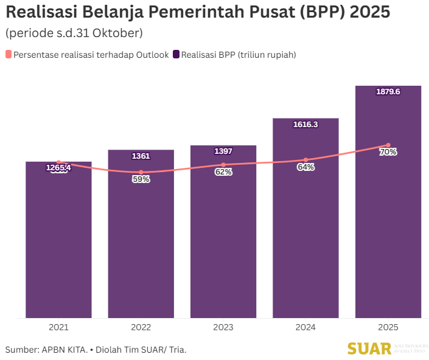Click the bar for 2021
pyautogui.click(x=58, y=243)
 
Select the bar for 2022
pyautogui.click(x=141, y=243)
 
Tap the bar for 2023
pyautogui.click(x=223, y=243)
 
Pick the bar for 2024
pyautogui.click(x=305, y=243)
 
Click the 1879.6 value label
pyautogui.click(x=388, y=92)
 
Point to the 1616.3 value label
pyautogui.click(x=305, y=124)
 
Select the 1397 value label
pyautogui.click(x=223, y=151)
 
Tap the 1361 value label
pyautogui.click(x=141, y=156)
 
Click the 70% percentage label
pyautogui.click(x=388, y=152)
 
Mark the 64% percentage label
pyautogui.click(x=305, y=167)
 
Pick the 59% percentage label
pyautogui.click(x=141, y=179)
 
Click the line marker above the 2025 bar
pyautogui.click(x=388, y=145)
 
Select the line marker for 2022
pyautogui.click(x=141, y=172)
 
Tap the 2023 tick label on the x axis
pyautogui.click(x=223, y=327)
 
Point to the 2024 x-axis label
pyautogui.click(x=305, y=327)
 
